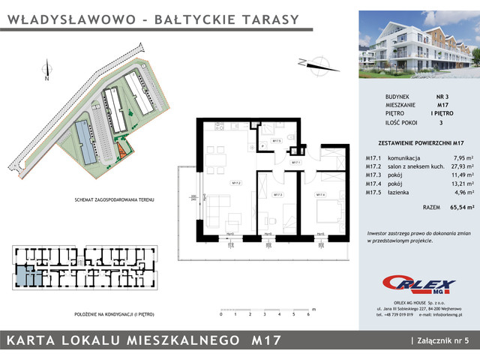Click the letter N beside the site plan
pos(46,78)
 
